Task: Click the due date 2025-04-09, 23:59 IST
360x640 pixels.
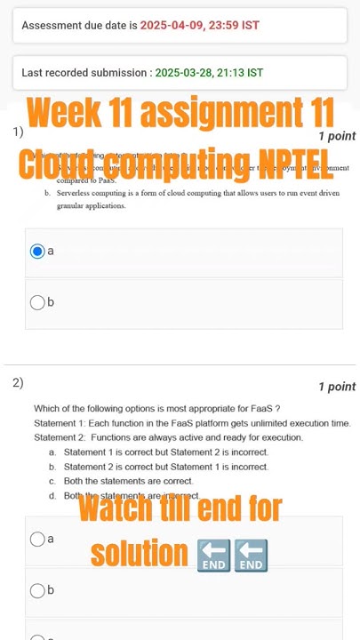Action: (200, 25)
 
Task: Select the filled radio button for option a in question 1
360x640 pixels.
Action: (37, 252)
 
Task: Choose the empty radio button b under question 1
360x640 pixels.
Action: (37, 302)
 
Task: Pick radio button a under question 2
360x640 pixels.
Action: (37, 539)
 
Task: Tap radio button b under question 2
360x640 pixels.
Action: (37, 590)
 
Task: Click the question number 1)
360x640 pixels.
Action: (18, 132)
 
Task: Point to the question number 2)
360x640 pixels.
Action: (18, 383)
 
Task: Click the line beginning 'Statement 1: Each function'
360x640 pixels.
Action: (192, 423)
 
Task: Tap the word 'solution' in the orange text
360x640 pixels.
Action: (139, 553)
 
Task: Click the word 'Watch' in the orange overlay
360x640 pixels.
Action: (117, 509)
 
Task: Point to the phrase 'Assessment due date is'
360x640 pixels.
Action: (79, 25)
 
